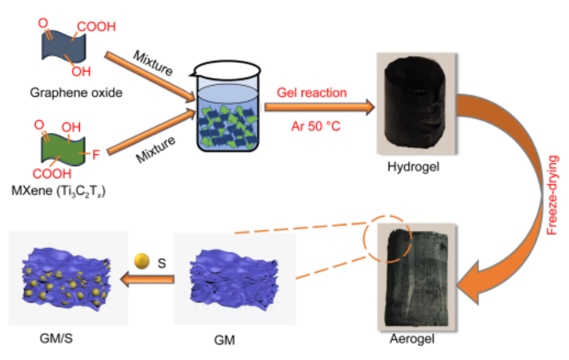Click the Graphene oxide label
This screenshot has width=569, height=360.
coord(76,93)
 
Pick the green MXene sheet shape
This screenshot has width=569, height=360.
coord(60,149)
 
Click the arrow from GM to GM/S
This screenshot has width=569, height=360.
coord(149,280)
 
